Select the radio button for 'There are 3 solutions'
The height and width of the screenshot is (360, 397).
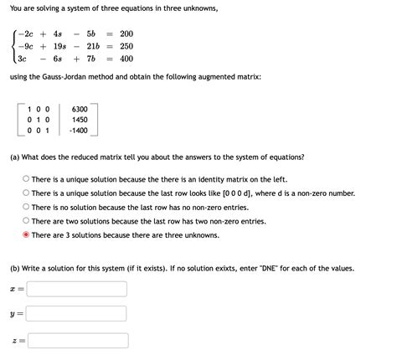click(x=26, y=235)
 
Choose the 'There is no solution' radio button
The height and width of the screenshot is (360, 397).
click(x=26, y=207)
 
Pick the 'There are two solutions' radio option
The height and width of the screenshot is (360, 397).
click(x=26, y=221)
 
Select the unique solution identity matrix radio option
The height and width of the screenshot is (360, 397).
click(x=26, y=178)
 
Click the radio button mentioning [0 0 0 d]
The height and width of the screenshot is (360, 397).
click(x=26, y=193)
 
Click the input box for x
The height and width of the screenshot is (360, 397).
click(x=78, y=289)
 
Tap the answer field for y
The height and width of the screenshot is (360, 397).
click(x=78, y=314)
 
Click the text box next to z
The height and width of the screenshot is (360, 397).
click(x=78, y=340)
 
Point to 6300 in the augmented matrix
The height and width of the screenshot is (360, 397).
click(x=80, y=109)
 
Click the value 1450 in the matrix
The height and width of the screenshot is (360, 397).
click(x=80, y=120)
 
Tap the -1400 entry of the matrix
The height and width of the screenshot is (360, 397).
click(x=80, y=131)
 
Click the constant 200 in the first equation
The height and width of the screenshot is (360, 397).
click(x=126, y=33)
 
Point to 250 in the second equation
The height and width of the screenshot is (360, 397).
click(x=126, y=46)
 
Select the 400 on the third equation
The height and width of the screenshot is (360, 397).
click(x=126, y=59)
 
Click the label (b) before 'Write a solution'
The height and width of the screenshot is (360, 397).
click(x=14, y=268)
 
